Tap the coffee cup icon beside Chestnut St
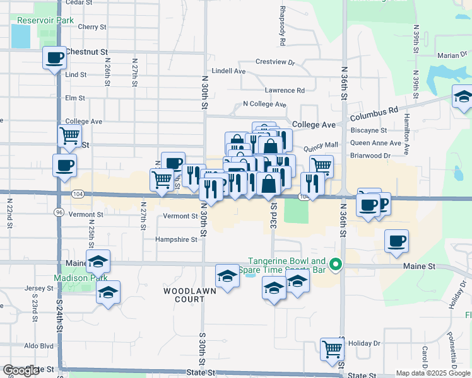54,58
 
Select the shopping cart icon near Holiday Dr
331,348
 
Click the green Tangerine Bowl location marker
336,265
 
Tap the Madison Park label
80,277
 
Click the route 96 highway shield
58,212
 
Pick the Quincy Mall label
321,145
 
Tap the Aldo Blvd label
39,346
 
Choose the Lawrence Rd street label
285,90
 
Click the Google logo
21,370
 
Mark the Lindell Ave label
228,71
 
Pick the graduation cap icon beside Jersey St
108,292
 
